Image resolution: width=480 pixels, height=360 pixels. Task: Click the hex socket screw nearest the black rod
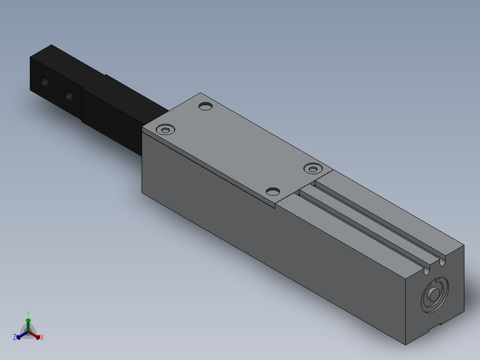click(166, 129)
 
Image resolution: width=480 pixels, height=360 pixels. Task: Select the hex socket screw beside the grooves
click(313, 168)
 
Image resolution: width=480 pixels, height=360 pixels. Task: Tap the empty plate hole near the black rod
click(206, 106)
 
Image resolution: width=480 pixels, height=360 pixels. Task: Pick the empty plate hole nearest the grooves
click(273, 192)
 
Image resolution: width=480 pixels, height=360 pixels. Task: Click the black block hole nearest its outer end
click(45, 82)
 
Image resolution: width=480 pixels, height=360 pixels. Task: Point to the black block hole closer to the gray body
click(69, 96)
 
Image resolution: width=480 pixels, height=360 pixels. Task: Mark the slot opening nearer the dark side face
click(427, 271)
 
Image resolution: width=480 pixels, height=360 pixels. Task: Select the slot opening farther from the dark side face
click(442, 262)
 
